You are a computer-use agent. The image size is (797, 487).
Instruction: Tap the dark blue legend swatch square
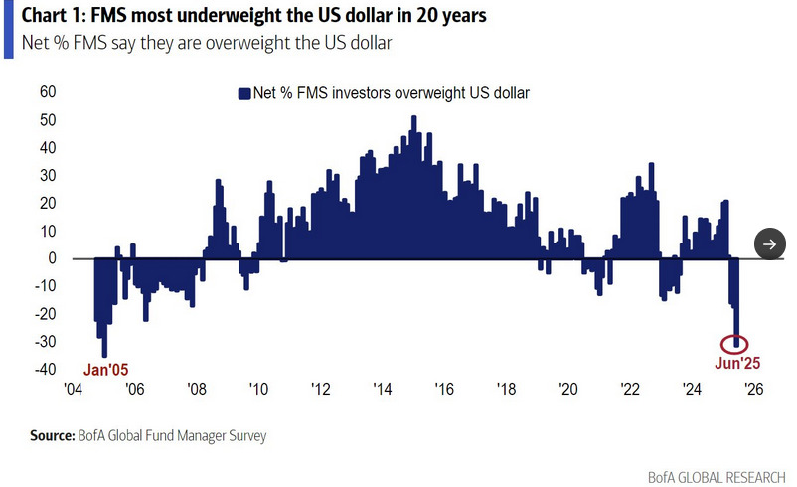243,94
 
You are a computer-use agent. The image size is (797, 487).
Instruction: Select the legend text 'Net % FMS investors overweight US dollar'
392,94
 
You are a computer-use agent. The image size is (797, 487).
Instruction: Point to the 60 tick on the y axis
47,92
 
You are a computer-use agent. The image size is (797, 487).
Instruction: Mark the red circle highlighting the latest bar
735,344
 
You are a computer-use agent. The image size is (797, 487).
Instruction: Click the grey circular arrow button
770,243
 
